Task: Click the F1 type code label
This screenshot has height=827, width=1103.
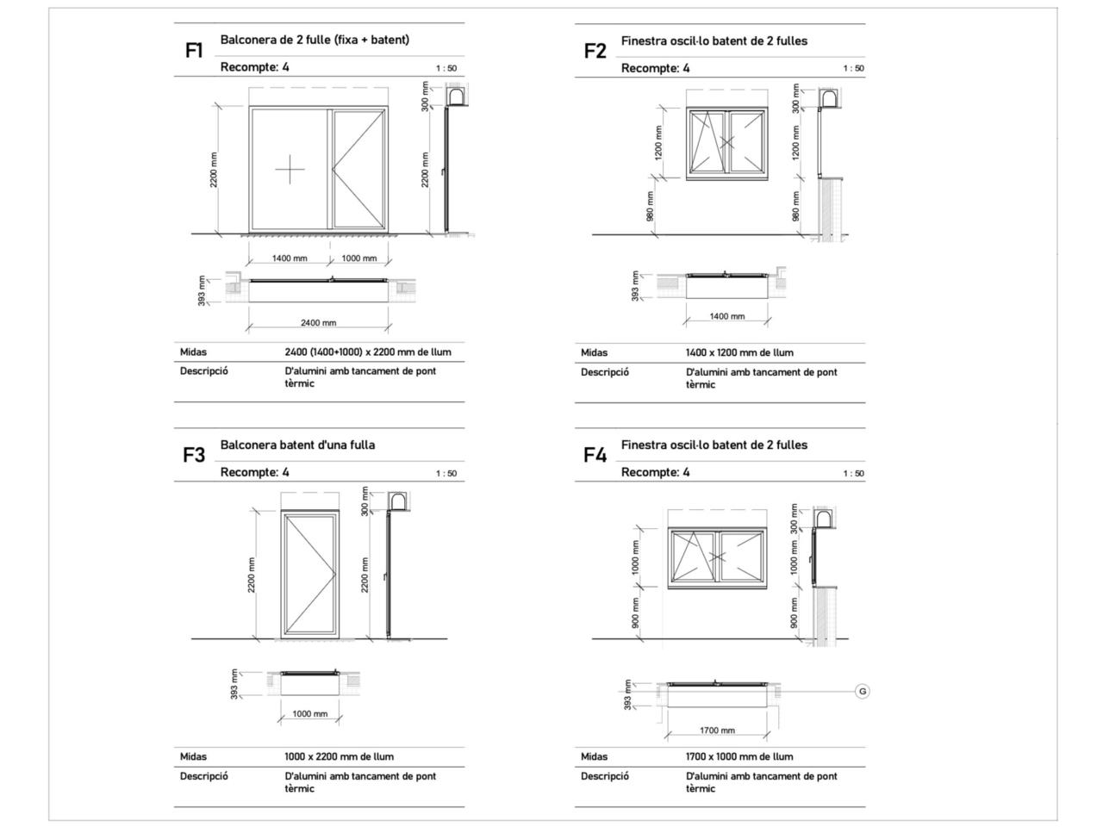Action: tap(194, 51)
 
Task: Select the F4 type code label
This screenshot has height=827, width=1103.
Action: tap(595, 456)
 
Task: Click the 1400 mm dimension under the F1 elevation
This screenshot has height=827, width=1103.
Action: tap(290, 258)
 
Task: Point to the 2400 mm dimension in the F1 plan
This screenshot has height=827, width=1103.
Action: tap(318, 323)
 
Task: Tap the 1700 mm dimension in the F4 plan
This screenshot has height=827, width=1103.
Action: tap(717, 731)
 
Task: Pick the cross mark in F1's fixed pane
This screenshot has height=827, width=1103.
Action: tap(290, 170)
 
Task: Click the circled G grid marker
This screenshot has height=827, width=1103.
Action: tap(862, 691)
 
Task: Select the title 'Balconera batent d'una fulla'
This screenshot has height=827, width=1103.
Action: tap(297, 445)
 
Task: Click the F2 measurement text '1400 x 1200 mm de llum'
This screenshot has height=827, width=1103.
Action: tap(739, 352)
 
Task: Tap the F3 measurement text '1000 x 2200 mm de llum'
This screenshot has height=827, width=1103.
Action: tap(339, 756)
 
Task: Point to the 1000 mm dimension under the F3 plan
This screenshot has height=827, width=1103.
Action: tap(310, 714)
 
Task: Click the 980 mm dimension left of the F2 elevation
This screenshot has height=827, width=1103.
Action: tap(651, 205)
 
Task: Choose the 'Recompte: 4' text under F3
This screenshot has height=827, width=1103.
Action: tap(255, 472)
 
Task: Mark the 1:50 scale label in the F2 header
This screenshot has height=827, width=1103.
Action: tap(853, 69)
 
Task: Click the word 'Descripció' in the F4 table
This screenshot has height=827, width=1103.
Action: tap(604, 776)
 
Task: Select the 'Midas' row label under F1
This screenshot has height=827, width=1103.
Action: tap(193, 351)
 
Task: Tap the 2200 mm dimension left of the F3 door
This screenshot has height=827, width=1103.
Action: tap(252, 574)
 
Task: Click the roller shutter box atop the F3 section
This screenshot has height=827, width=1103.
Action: tap(398, 502)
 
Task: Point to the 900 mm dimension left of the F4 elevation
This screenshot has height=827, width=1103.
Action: tap(636, 612)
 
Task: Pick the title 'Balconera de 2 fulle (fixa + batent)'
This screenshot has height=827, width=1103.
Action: tap(315, 40)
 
